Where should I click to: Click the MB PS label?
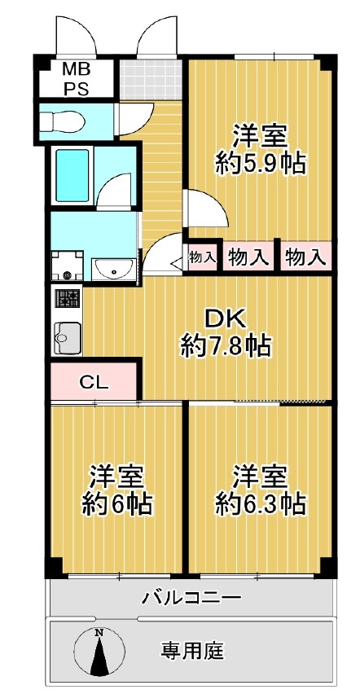click(x=77, y=79)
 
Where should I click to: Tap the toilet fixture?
click(x=62, y=121)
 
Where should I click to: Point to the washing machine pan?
click(x=68, y=266)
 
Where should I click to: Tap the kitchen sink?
click(x=68, y=338)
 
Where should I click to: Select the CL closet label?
click(x=94, y=381)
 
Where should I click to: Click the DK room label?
click(x=226, y=319)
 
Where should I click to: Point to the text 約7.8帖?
click(x=226, y=346)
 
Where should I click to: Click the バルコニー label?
click(x=191, y=599)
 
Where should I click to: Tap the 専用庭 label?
click(x=192, y=650)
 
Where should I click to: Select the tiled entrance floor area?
click(x=151, y=80)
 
